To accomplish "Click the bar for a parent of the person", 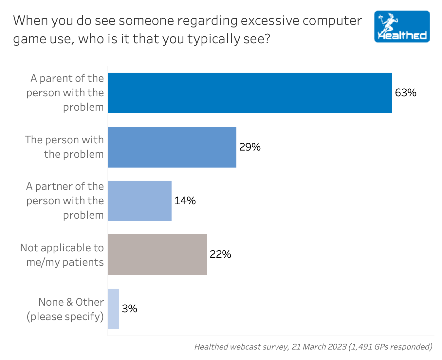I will (250, 93).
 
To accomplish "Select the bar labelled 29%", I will (172, 147).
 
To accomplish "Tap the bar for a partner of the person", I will (139, 201).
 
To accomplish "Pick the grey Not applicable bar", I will (157, 255).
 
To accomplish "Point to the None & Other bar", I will (113, 309).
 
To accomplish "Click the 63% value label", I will (406, 93).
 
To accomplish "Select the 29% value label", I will (250, 147).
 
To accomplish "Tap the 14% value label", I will (185, 201).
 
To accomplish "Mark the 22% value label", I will (220, 254).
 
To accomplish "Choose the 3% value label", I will (129, 309).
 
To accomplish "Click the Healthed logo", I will (402, 27).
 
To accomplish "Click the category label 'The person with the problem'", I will (64, 147).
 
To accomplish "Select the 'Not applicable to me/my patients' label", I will (62, 255).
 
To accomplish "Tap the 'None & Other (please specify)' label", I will (65, 309).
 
